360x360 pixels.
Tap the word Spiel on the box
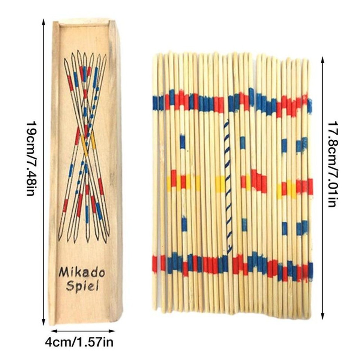click(x=82, y=287)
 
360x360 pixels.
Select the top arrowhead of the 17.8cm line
click(x=323, y=58)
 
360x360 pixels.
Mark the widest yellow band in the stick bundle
click(x=220, y=184)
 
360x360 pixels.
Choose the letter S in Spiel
click(x=70, y=286)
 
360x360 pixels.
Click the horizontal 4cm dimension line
click(x=83, y=331)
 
